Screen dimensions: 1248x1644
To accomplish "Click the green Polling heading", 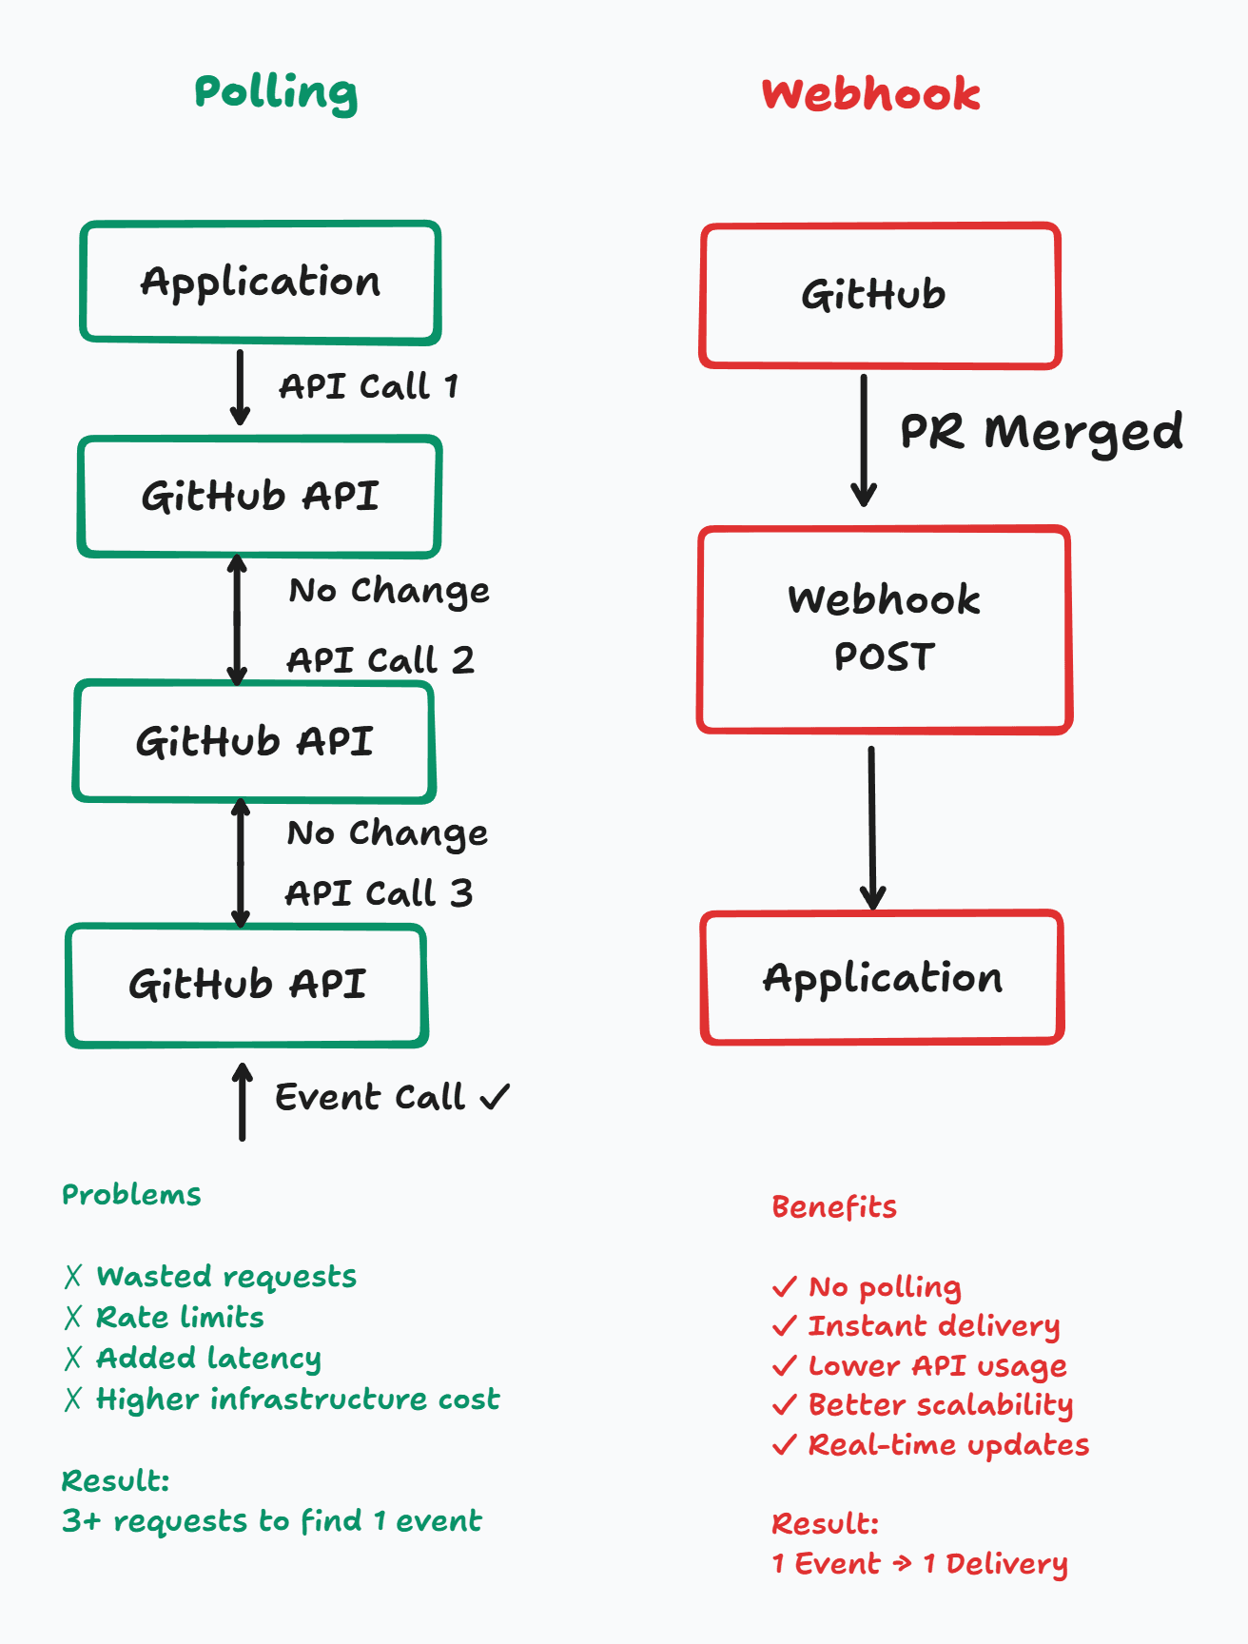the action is [x=276, y=93].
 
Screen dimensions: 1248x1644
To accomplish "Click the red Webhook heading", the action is [x=870, y=94].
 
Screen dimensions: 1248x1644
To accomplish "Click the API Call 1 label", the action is [x=369, y=386].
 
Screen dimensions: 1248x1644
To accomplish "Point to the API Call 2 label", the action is [x=380, y=659].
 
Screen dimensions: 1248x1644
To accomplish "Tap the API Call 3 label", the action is [x=379, y=893].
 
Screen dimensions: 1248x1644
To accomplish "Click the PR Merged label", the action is [x=1042, y=432].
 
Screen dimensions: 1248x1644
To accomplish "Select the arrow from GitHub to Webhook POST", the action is [x=864, y=440].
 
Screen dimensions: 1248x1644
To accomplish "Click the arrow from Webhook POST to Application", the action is [x=872, y=828].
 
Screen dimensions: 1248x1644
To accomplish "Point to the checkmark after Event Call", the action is [x=495, y=1097].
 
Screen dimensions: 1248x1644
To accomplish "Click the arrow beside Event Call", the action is [x=243, y=1102].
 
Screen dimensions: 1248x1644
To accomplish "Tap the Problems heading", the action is [x=131, y=1195].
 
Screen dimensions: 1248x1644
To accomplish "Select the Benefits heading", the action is [x=834, y=1206].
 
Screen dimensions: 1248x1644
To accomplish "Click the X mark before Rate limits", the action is [x=73, y=1317].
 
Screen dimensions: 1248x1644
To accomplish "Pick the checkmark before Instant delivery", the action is [x=785, y=1325].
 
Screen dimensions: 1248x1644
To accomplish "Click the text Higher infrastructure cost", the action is [x=298, y=1399].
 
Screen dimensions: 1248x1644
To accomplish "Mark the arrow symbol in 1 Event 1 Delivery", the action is [x=902, y=1562].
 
